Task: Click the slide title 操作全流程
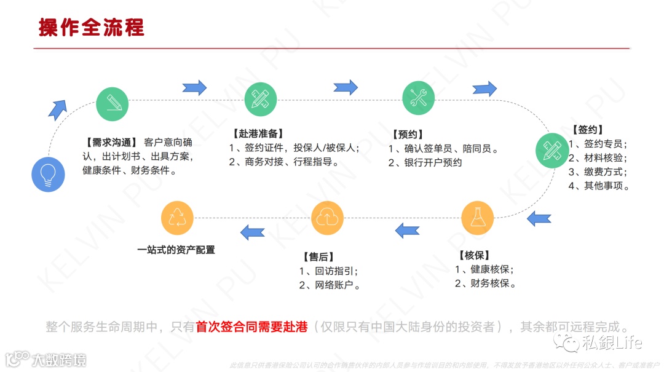tap(92, 28)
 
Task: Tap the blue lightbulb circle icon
tap(48, 175)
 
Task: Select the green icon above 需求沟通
tap(113, 104)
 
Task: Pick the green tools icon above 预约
tap(419, 98)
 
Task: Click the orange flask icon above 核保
tap(478, 218)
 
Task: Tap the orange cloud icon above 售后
tap(327, 218)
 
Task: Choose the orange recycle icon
tap(177, 218)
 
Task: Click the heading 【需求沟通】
tap(109, 141)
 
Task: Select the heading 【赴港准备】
tap(257, 133)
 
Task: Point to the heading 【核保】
tap(473, 255)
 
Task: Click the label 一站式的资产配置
tap(176, 250)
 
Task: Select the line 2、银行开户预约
tap(425, 163)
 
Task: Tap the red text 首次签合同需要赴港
tap(251, 326)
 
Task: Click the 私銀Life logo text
tap(611, 342)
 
